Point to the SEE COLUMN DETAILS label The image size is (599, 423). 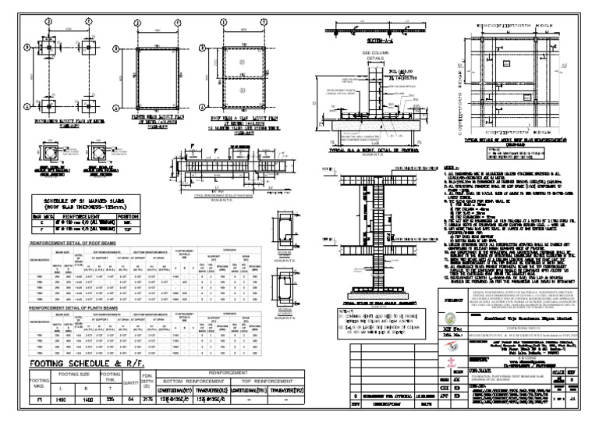point(363,56)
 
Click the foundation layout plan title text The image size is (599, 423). point(51,122)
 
